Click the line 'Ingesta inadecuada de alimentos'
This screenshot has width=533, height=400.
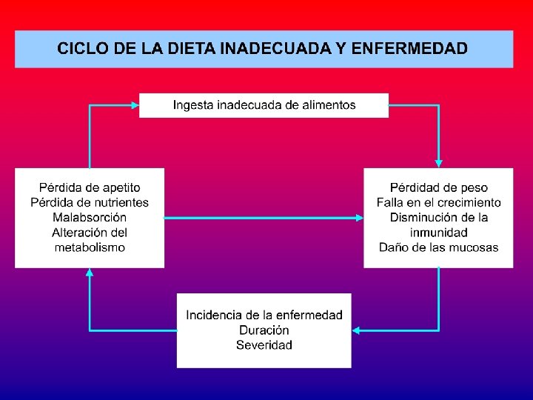click(x=264, y=105)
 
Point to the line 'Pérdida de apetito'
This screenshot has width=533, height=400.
click(x=90, y=188)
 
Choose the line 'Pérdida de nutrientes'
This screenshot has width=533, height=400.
click(x=90, y=202)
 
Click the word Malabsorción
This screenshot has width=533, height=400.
click(x=90, y=217)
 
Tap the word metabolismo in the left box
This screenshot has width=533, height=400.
click(x=90, y=247)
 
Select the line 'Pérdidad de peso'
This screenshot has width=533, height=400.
click(x=439, y=188)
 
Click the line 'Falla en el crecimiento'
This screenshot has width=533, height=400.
click(x=439, y=202)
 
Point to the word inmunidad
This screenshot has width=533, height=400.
click(x=439, y=233)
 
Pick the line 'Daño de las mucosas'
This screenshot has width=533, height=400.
click(x=439, y=247)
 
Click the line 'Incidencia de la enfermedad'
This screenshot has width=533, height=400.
click(x=264, y=315)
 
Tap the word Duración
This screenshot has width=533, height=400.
click(x=264, y=330)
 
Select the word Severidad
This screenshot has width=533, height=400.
click(x=264, y=344)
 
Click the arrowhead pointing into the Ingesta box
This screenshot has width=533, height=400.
click(x=135, y=105)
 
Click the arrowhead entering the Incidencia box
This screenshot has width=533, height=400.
click(x=356, y=330)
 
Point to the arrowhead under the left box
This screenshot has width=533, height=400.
click(x=90, y=272)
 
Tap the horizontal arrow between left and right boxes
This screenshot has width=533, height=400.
click(x=264, y=218)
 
